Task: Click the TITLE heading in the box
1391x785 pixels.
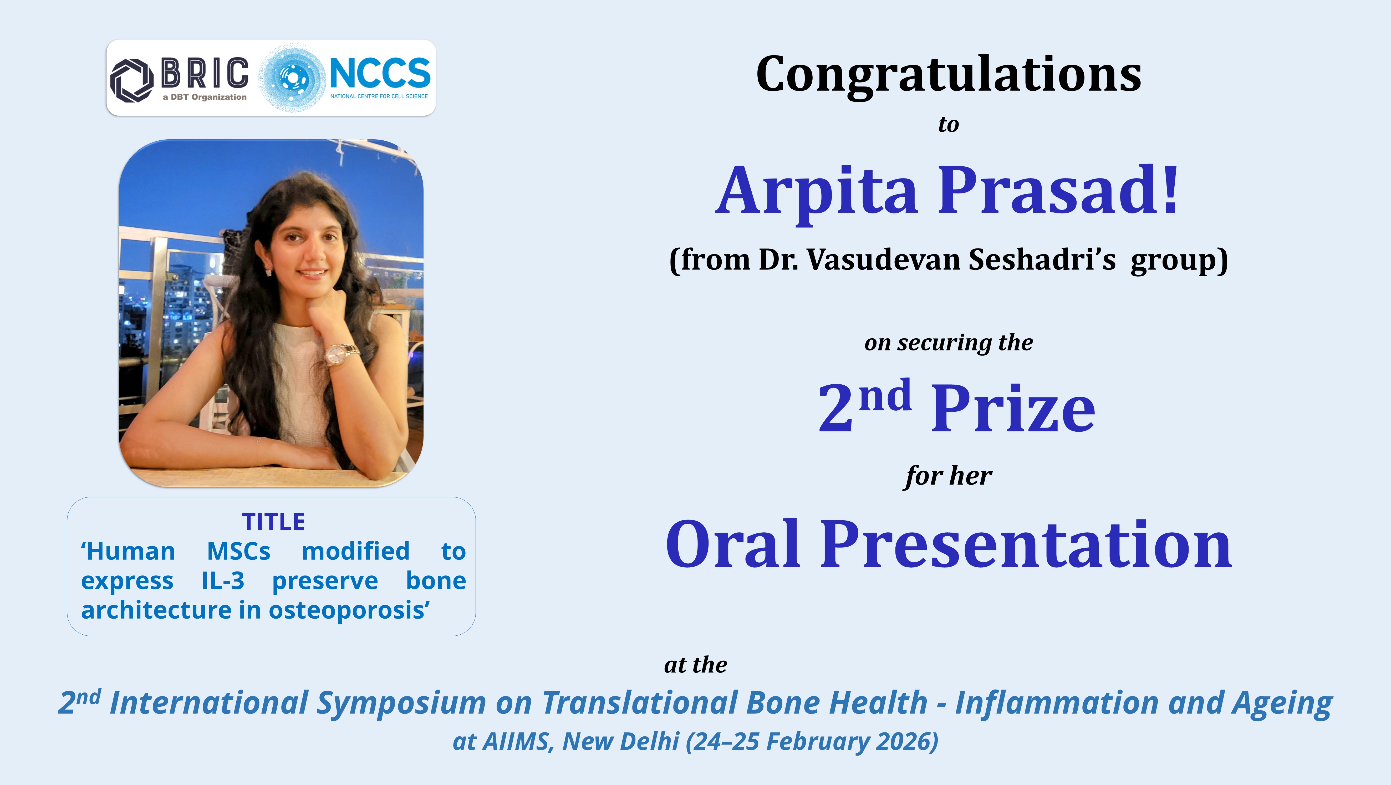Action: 273,522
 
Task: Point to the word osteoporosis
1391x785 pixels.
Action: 349,611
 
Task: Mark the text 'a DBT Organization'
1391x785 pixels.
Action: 205,97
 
